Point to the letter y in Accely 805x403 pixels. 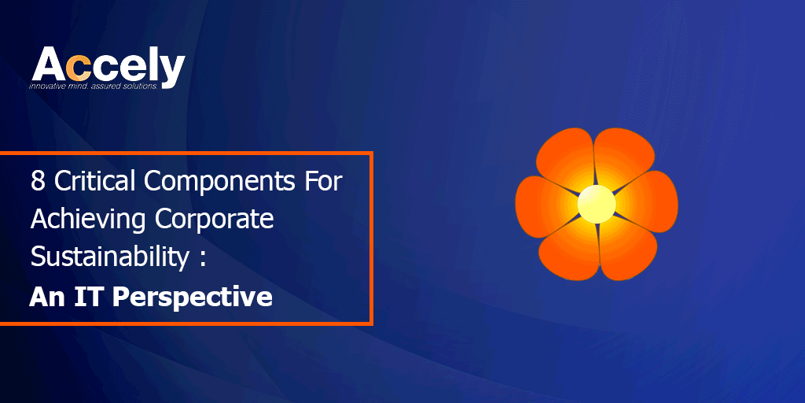pos(171,72)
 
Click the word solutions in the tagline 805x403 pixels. pos(140,87)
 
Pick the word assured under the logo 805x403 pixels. pos(107,87)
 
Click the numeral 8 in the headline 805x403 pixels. pos(38,182)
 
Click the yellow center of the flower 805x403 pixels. pos(597,204)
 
